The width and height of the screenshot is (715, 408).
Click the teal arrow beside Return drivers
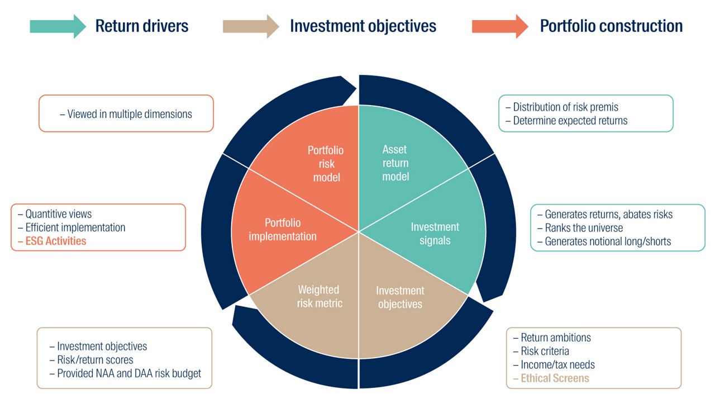[58, 26]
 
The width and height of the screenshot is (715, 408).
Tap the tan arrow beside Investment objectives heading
[251, 26]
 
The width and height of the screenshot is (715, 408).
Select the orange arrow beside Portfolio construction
[500, 26]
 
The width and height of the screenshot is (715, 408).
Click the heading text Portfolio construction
[611, 26]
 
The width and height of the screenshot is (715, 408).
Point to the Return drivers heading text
[142, 26]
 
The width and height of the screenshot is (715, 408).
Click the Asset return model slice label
[395, 163]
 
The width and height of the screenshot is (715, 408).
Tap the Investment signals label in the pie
[435, 234]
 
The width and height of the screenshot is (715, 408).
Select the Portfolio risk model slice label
[326, 164]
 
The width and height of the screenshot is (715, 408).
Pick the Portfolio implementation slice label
[283, 230]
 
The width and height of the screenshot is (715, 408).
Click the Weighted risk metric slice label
[320, 296]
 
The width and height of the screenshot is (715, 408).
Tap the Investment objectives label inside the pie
[400, 297]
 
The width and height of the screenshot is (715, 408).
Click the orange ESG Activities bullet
[52, 241]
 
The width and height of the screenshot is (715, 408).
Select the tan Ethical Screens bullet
[551, 378]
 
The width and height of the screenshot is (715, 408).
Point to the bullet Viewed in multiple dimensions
[126, 114]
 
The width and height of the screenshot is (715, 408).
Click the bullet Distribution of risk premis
[562, 107]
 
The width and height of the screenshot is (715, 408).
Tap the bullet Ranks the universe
[580, 227]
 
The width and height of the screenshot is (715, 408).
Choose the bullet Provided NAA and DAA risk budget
[125, 373]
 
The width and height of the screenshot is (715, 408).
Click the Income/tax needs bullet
[554, 364]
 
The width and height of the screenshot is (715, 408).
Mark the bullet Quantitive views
[55, 214]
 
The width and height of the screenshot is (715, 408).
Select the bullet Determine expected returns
[566, 121]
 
